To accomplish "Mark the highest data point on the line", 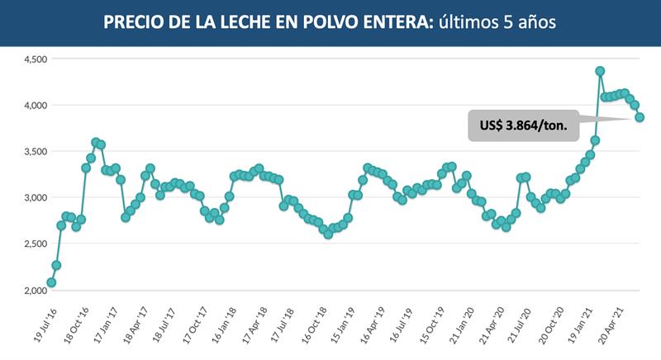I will click(600, 71).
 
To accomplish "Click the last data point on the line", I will click(640, 117).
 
